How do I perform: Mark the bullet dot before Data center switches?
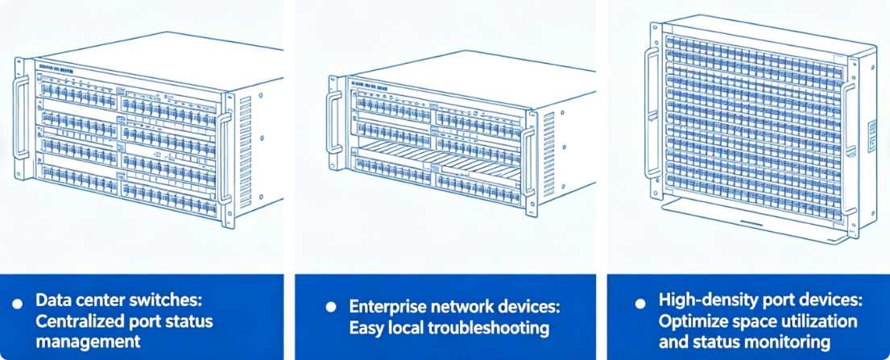click(x=19, y=303)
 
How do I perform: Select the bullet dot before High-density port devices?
click(x=640, y=303)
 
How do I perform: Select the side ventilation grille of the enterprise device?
click(x=549, y=137)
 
